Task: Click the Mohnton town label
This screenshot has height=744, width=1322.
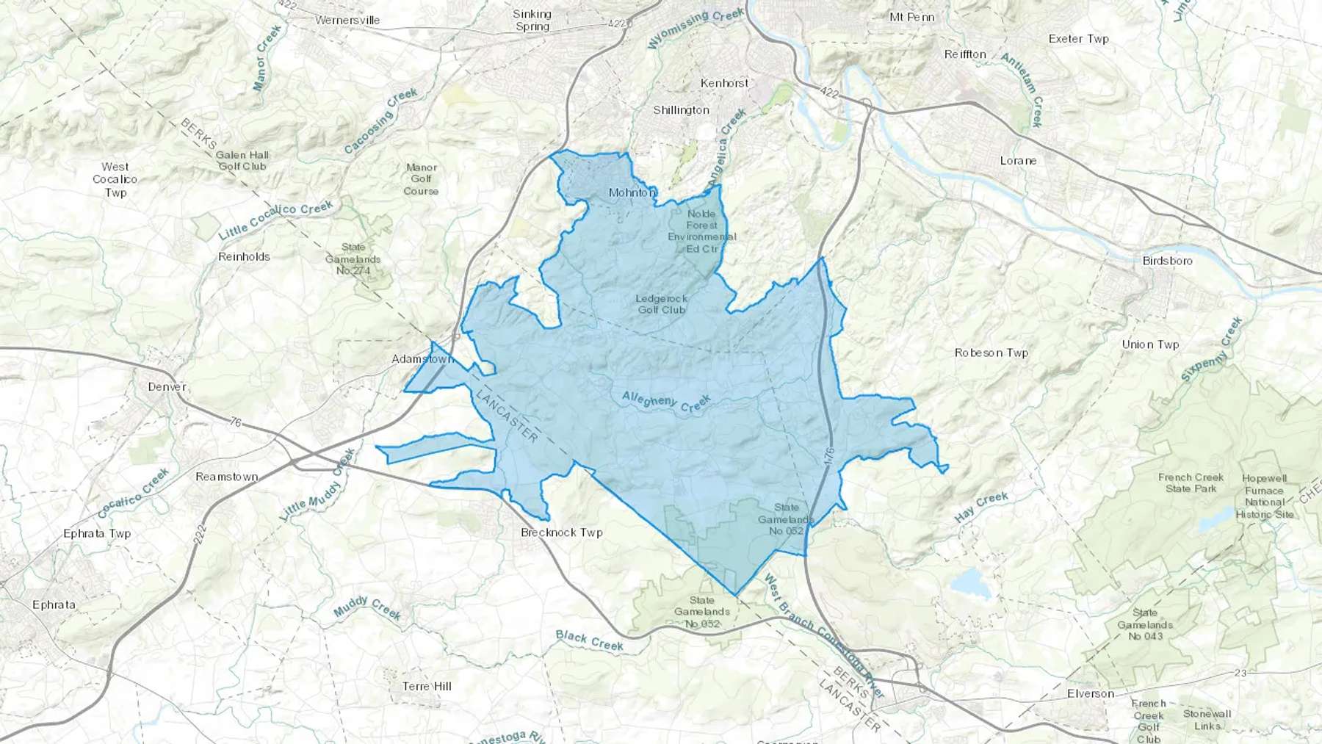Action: (632, 192)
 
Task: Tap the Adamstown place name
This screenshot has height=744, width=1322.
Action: (422, 359)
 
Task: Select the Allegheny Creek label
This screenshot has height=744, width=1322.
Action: (666, 402)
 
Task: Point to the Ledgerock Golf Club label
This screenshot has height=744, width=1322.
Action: (661, 304)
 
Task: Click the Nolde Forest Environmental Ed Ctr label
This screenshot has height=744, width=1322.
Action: (701, 231)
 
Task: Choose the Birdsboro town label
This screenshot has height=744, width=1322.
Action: (1167, 261)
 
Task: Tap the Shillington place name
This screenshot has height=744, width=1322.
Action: (681, 110)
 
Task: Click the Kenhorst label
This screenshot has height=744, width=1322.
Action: (724, 83)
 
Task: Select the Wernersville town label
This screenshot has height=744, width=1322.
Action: (347, 20)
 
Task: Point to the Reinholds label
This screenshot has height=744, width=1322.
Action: (244, 257)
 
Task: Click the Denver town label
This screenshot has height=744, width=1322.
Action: (167, 386)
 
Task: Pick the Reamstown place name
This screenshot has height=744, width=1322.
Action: (226, 477)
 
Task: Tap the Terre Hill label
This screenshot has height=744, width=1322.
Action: (427, 686)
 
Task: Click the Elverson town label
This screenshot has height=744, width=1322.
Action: (1090, 693)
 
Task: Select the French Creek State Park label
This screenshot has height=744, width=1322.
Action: (1191, 483)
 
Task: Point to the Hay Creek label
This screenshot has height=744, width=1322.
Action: (980, 508)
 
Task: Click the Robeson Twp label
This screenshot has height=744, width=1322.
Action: (991, 353)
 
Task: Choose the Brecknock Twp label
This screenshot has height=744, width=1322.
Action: (561, 532)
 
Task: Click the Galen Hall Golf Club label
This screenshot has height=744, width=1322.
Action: (242, 160)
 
